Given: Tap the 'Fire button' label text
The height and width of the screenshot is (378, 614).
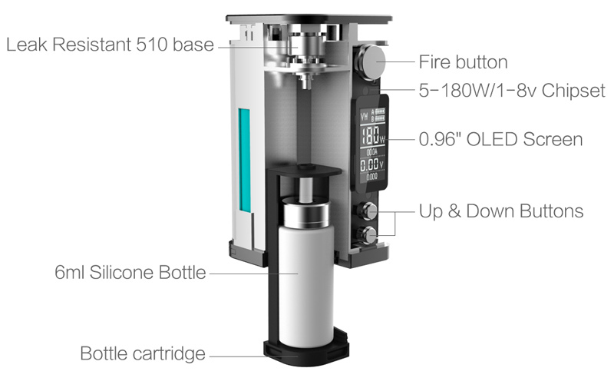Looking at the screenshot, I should (463, 62).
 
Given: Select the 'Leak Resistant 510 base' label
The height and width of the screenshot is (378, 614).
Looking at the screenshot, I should (110, 45).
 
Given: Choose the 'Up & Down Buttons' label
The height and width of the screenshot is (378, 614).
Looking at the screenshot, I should (501, 211).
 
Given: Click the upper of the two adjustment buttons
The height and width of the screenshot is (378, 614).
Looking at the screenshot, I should (368, 211).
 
